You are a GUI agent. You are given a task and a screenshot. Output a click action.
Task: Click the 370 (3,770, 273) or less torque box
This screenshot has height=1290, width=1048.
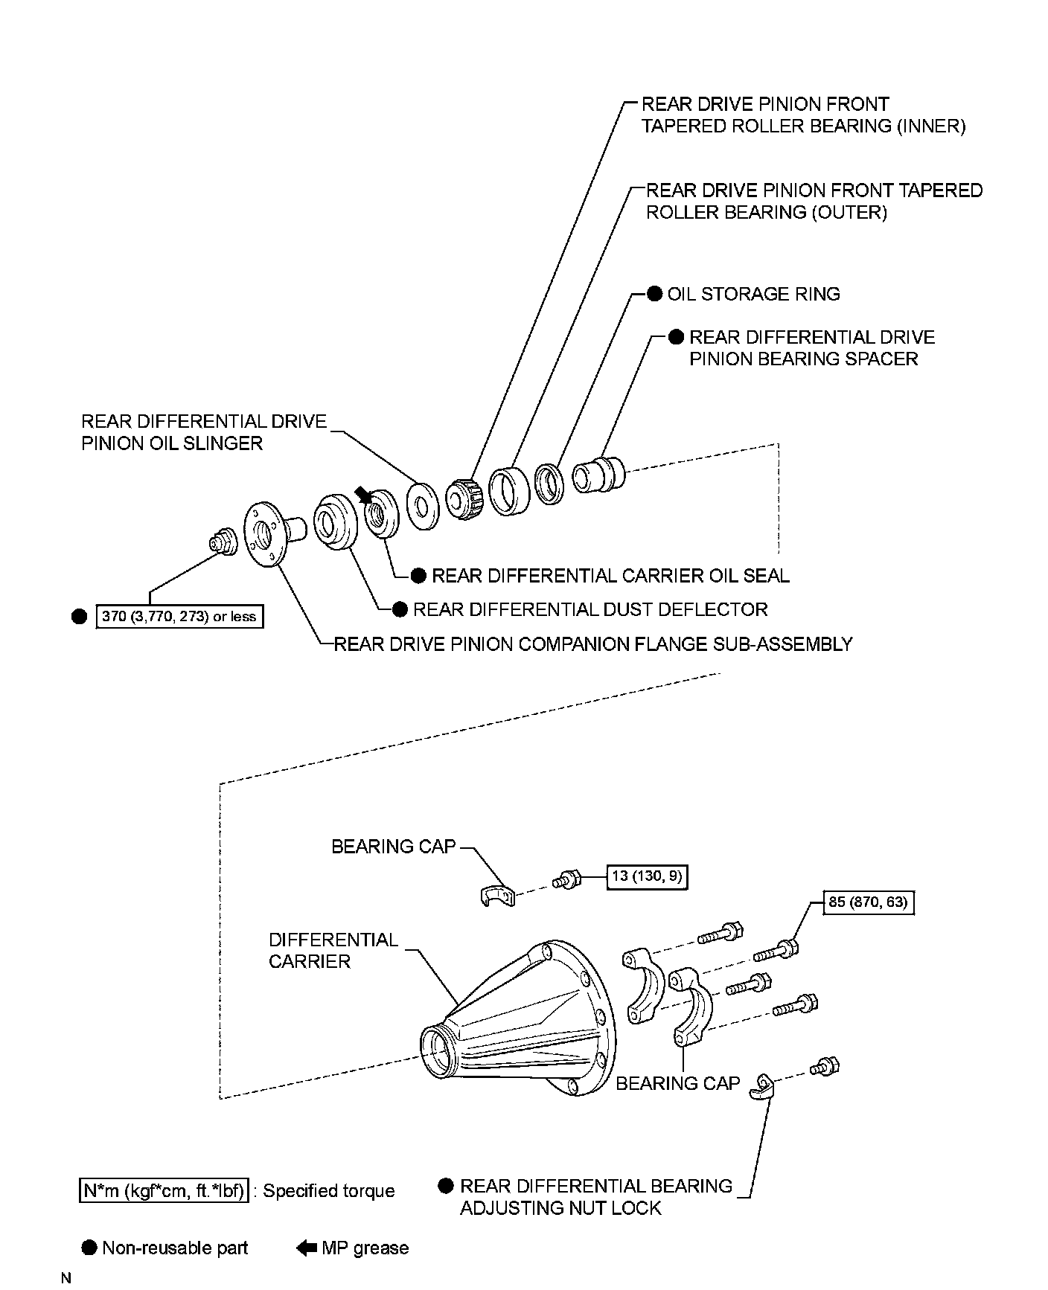180,617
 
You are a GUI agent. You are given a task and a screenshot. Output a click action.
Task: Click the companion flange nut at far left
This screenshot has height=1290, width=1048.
222,542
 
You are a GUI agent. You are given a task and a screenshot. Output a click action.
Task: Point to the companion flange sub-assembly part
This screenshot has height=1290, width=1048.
268,533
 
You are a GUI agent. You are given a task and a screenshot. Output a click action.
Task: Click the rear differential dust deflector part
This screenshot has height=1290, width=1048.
335,522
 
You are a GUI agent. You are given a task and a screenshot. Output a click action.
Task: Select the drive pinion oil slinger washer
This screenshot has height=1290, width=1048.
422,506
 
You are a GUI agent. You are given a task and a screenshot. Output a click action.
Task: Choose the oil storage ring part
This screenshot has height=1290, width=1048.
550,484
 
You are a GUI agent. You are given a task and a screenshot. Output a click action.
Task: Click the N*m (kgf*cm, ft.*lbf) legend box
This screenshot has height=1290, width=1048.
163,1191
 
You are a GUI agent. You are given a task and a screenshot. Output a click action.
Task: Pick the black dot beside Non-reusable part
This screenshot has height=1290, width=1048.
89,1248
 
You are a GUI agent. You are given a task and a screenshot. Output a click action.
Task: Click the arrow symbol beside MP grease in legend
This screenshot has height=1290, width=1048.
307,1248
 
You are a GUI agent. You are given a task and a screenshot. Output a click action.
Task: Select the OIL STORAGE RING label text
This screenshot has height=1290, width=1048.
753,295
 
